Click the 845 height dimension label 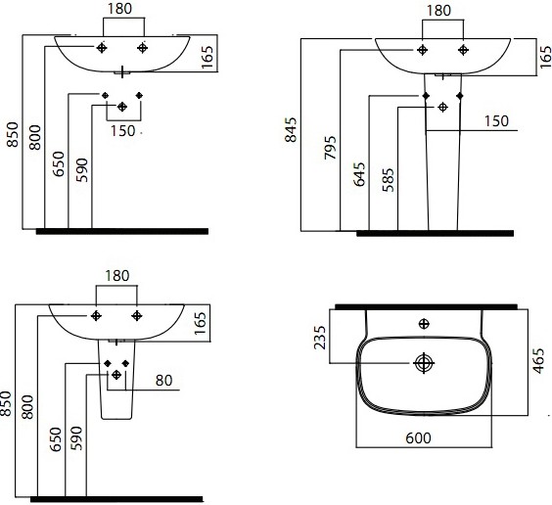point(291,130)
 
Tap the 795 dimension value point(330,148)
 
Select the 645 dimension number point(359,174)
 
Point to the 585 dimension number point(388,180)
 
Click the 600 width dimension point(418,438)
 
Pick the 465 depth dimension point(538,361)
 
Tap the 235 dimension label point(320,338)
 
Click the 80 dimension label point(163,381)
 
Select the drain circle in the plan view point(424,363)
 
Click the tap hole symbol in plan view point(424,323)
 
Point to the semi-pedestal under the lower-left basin point(116,380)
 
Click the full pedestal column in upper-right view point(442,152)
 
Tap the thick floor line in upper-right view point(436,233)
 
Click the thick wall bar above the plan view point(426,306)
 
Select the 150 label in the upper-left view point(123,131)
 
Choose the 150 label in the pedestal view point(496,121)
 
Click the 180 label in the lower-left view point(117,276)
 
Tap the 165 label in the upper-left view point(207,57)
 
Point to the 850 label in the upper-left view point(13,134)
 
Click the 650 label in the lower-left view point(56,439)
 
